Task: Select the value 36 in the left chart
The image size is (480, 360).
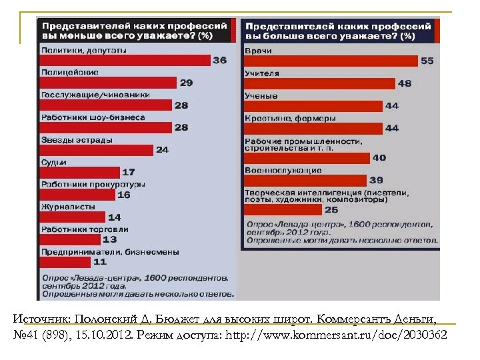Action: click(219, 61)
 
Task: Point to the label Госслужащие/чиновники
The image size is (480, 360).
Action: click(95, 95)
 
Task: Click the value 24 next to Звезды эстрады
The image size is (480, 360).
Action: click(162, 150)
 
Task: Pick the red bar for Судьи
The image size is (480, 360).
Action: click(80, 172)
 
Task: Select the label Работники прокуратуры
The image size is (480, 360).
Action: click(93, 184)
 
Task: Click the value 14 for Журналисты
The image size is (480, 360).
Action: click(114, 217)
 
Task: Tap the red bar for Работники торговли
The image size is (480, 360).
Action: click(71, 239)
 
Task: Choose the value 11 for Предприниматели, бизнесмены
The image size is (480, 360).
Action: click(99, 262)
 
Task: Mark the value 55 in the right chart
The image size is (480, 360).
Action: click(427, 61)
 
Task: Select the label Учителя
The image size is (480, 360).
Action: click(262, 73)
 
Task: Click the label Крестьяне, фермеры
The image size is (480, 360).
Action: click(290, 118)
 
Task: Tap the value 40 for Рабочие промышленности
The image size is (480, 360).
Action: click(379, 158)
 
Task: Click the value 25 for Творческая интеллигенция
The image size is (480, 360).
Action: click(331, 209)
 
